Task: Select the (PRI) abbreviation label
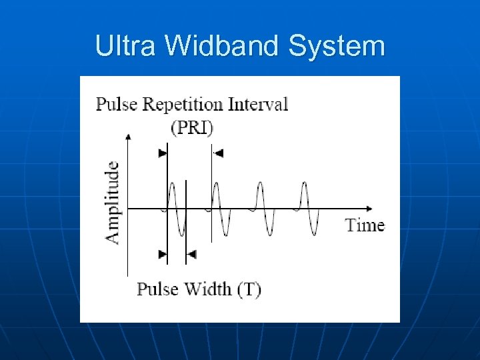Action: coord(191,127)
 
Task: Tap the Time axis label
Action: coord(365,225)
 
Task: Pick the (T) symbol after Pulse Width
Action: coord(249,289)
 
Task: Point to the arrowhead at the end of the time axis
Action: coord(370,209)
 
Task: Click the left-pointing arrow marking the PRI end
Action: coord(218,153)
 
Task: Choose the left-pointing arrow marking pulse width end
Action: coord(191,254)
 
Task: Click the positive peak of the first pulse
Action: coord(172,184)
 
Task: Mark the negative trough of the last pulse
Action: coord(314,233)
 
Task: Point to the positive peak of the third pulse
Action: coord(259,184)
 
